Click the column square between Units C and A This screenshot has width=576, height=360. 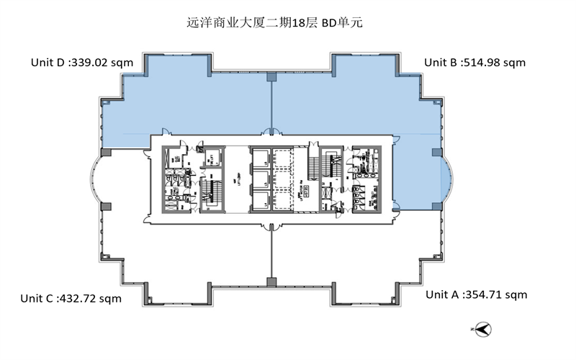[271, 282]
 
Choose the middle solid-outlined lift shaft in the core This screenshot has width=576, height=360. [261, 179]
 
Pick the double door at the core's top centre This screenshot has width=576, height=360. [271, 132]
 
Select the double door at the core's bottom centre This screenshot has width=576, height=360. [271, 226]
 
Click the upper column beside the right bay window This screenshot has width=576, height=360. [436, 152]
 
